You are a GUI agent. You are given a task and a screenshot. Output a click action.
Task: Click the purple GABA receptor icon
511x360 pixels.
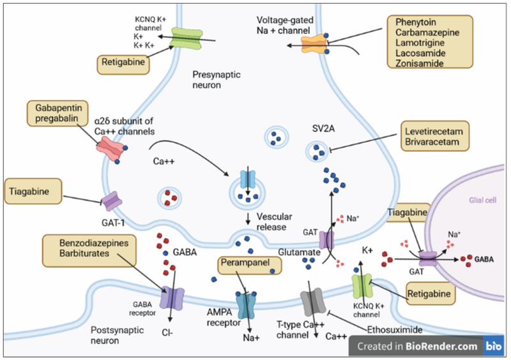pos(172,299)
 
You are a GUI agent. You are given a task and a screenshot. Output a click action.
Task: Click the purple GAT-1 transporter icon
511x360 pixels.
pos(113,202)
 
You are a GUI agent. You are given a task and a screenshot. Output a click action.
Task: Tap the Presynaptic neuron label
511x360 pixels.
pos(216,79)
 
